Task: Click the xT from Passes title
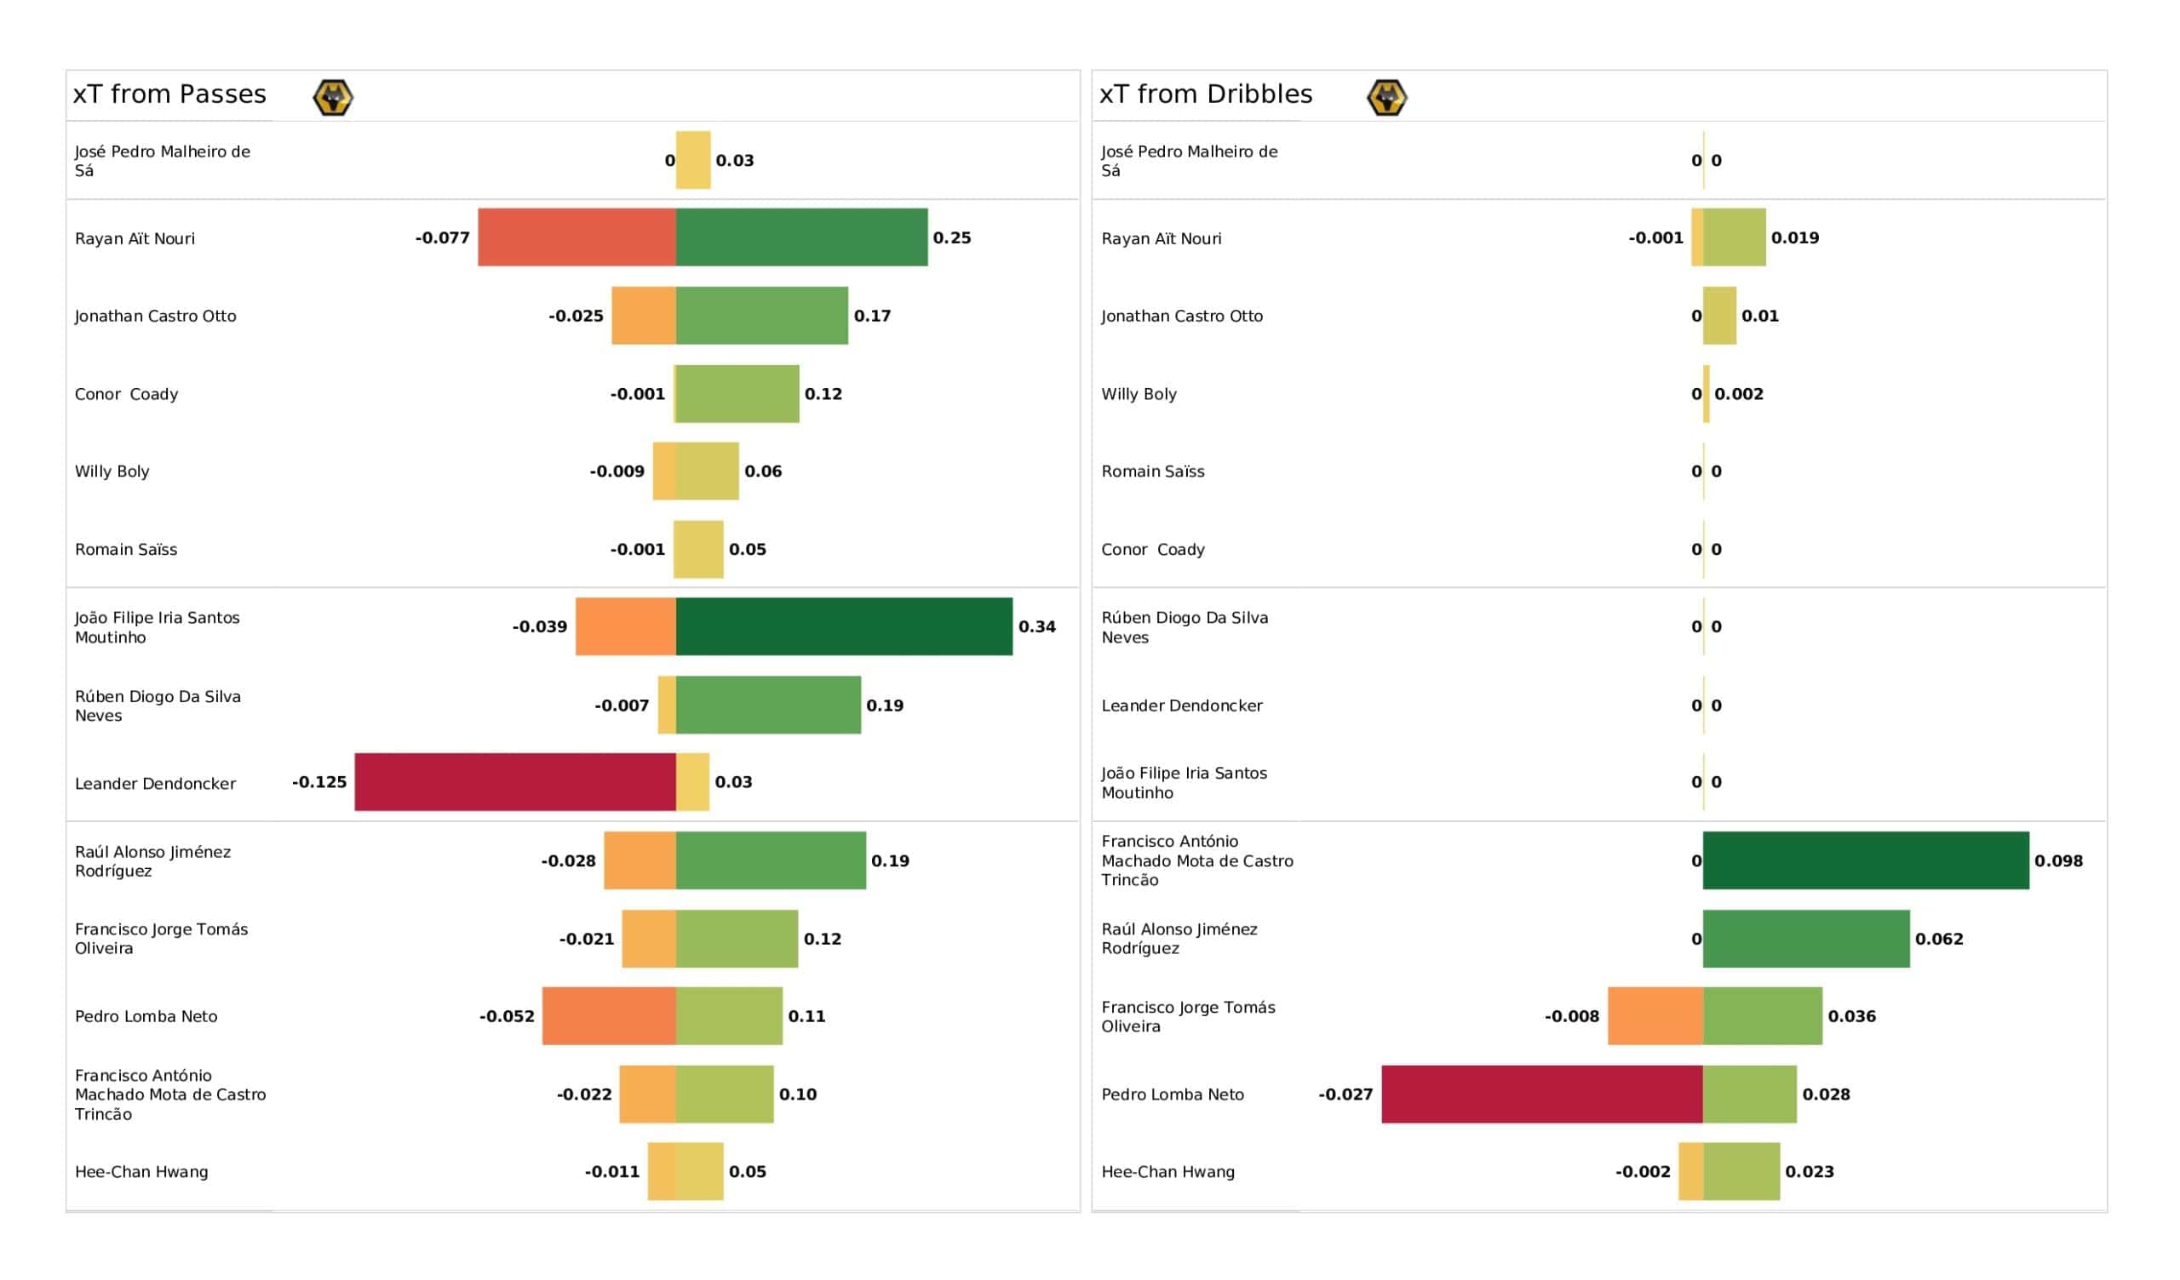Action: (169, 94)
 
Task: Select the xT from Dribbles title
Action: (1205, 94)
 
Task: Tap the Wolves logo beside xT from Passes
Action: (332, 97)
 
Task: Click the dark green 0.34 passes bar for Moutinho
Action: (843, 626)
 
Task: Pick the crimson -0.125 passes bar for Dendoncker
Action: (514, 782)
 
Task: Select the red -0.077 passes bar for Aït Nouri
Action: (577, 237)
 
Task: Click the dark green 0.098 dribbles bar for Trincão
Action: (1865, 860)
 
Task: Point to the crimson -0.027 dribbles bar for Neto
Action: (1541, 1094)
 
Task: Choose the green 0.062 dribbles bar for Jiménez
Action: (1805, 939)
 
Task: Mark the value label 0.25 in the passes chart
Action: (951, 237)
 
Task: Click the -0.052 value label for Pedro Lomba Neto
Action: (507, 1016)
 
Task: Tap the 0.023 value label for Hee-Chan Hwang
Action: (1809, 1172)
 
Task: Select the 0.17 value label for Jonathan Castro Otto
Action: (872, 316)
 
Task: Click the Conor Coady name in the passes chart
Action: (126, 394)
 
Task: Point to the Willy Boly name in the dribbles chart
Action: (1139, 394)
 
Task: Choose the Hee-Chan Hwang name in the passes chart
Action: (141, 1172)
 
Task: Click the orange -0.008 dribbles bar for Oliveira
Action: (1655, 1016)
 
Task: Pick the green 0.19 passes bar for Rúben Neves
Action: (768, 705)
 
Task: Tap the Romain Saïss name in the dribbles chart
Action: (1152, 471)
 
